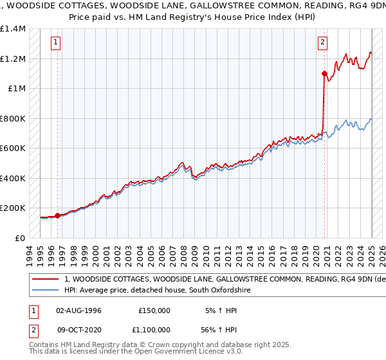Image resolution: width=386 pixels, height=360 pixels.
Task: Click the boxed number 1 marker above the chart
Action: tap(57, 43)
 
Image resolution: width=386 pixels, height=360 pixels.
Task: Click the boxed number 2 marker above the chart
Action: tap(322, 43)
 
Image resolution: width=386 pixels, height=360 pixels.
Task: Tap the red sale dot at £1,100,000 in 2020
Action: tap(325, 73)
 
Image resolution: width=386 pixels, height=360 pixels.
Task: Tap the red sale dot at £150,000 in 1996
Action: tap(57, 215)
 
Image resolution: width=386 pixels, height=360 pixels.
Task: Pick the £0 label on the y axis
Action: tap(20, 238)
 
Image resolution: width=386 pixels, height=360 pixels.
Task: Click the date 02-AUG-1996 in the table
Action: tap(78, 310)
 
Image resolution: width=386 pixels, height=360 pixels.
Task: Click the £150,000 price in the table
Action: tap(154, 310)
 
